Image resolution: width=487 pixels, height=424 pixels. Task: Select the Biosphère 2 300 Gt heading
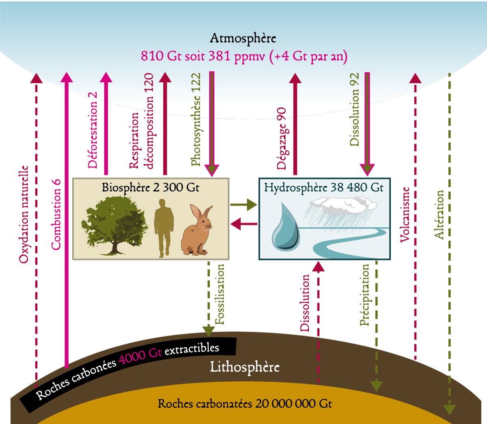[151, 188]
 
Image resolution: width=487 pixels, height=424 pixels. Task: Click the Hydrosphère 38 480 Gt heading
[324, 188]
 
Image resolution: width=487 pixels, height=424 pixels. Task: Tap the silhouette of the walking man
[164, 228]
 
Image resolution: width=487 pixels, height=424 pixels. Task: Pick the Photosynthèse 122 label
[196, 119]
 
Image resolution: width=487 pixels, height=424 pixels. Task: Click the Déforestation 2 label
[93, 130]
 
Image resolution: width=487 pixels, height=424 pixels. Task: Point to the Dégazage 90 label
[282, 138]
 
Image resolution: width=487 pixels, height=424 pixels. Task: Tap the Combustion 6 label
[56, 214]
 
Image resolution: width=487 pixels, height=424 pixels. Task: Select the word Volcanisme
[405, 214]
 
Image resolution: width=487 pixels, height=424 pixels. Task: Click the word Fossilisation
[220, 294]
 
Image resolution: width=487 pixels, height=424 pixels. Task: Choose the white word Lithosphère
[245, 367]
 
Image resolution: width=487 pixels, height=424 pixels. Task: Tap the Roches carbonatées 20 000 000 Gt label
[245, 404]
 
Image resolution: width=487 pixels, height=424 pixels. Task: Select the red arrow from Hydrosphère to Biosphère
[244, 224]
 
